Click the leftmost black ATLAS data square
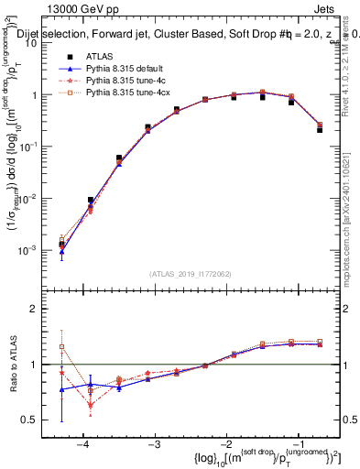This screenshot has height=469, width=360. [x=61, y=245]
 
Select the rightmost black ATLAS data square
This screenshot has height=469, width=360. [x=320, y=129]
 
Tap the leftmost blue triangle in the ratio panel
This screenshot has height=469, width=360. [x=61, y=389]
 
